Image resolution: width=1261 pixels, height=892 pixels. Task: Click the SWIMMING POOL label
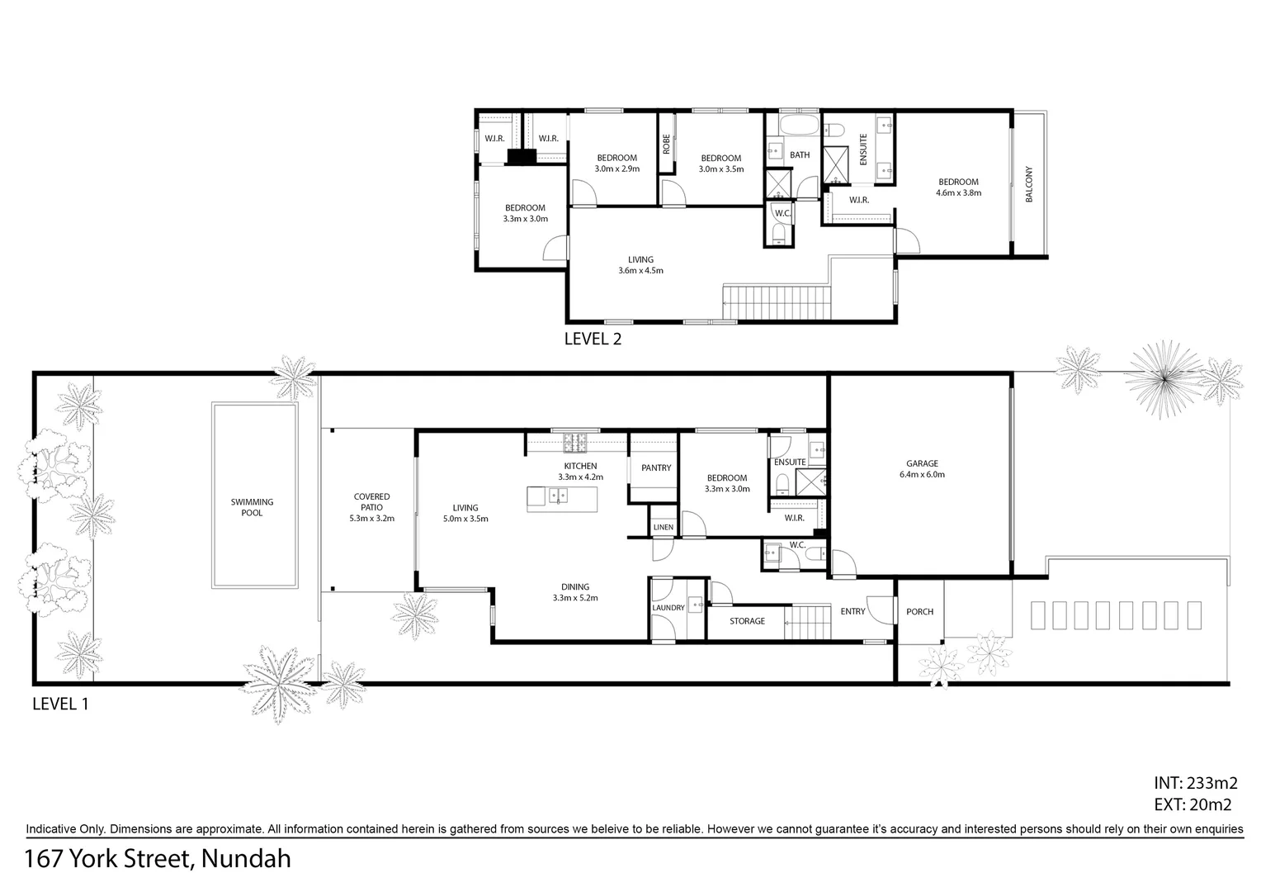tap(252, 507)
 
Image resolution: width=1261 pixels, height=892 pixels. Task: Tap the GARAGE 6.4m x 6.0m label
tap(922, 469)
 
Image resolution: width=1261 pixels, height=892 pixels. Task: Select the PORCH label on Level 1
tap(919, 612)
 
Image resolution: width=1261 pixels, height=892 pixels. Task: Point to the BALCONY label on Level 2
tap(1029, 185)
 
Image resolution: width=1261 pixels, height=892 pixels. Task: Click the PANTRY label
tap(656, 468)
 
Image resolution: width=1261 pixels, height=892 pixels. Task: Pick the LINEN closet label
tap(663, 527)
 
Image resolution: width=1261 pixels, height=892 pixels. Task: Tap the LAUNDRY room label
tap(668, 608)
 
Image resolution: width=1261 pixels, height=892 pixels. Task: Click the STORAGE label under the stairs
tap(747, 621)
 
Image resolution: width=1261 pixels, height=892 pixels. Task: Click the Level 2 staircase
tap(776, 301)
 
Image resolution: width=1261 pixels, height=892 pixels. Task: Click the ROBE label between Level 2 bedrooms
tap(666, 145)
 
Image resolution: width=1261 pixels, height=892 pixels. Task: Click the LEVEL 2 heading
tap(592, 339)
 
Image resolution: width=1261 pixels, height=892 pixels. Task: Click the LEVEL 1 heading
tap(59, 705)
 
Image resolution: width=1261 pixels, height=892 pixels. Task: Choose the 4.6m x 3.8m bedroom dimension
tap(957, 193)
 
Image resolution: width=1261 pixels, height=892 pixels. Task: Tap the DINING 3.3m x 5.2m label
tap(575, 592)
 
